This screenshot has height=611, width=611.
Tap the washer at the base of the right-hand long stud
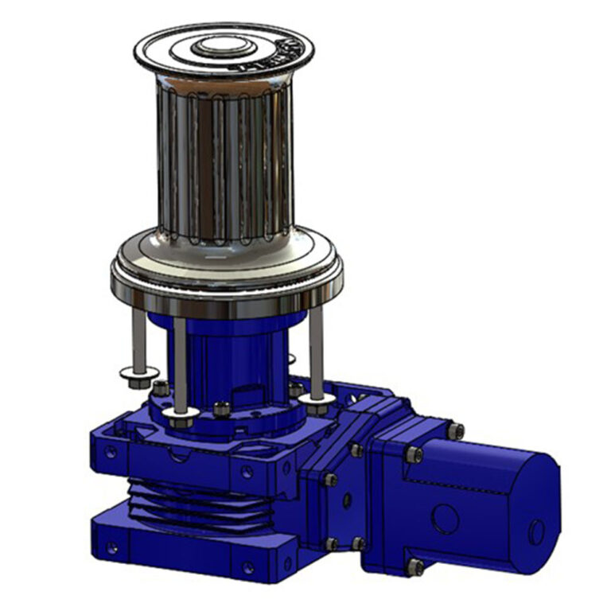point(318,397)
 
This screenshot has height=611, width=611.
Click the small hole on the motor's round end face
point(537,531)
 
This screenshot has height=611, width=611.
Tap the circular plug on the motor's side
point(446,520)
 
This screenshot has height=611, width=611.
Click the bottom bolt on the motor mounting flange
point(414,566)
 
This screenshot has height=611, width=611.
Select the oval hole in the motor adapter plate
point(347,500)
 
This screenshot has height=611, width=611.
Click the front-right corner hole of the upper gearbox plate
point(247,472)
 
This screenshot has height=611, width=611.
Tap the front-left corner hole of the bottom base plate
point(111,547)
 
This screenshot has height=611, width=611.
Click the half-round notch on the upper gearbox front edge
point(178,455)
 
